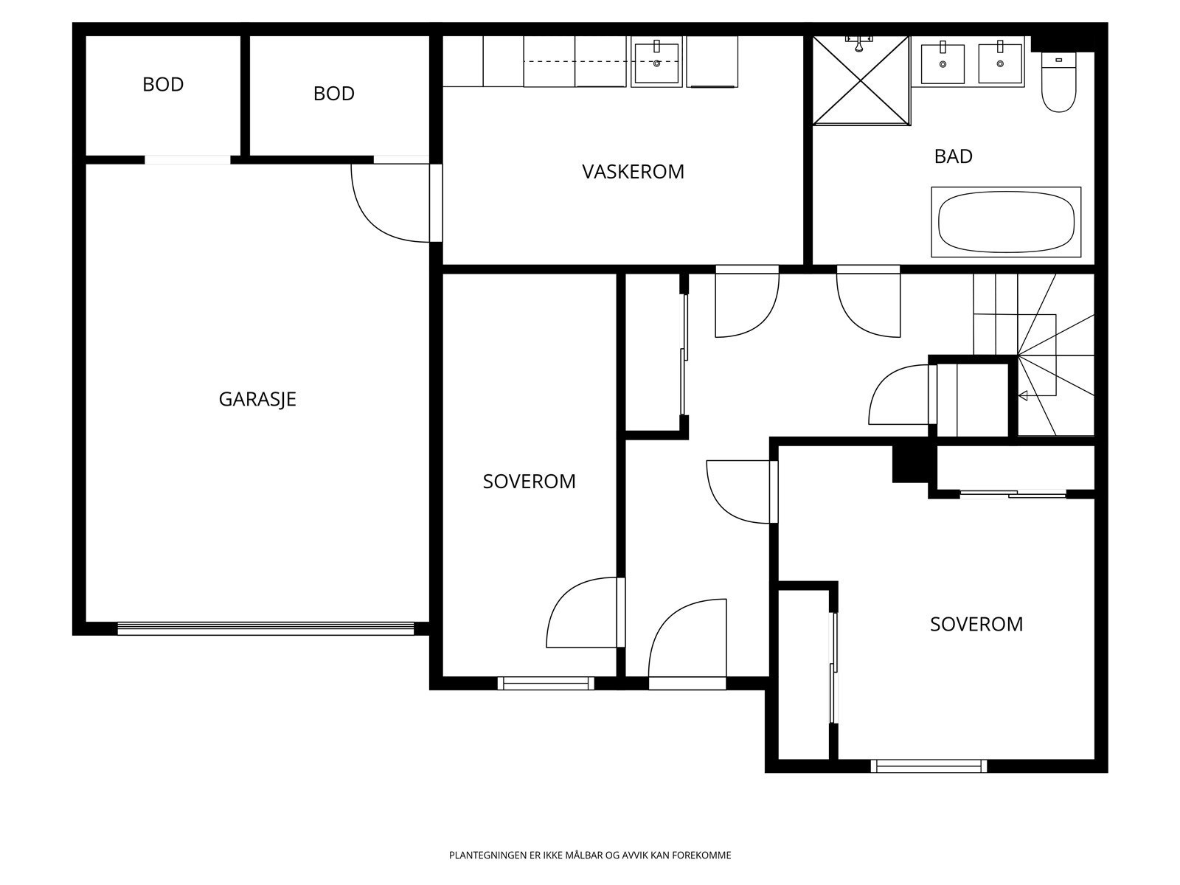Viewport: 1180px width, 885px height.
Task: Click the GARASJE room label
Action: pos(257,399)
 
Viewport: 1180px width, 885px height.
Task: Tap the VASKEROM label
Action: pos(633,172)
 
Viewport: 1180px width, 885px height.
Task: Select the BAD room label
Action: pos(953,156)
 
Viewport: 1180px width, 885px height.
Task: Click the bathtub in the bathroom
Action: pos(1006,222)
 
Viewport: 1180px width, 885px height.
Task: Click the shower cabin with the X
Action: pos(861,80)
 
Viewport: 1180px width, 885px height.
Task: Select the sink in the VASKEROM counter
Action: pos(656,63)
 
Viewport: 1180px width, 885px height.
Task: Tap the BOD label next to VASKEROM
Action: pos(334,94)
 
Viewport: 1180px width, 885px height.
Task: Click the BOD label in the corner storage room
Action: pos(163,84)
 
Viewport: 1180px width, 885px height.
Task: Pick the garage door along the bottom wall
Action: pos(265,628)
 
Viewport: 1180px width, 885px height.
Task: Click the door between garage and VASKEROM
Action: pos(397,203)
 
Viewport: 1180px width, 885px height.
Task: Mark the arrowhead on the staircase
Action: pos(1023,396)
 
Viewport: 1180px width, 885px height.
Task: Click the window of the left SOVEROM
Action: pos(546,683)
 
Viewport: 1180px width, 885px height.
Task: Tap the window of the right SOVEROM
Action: pos(929,766)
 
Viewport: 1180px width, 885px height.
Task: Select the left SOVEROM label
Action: pos(529,482)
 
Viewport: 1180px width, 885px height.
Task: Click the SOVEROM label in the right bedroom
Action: pos(976,625)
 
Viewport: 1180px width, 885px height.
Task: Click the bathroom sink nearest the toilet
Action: pos(1000,63)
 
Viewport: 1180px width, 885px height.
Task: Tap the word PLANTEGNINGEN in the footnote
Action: pos(488,855)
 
